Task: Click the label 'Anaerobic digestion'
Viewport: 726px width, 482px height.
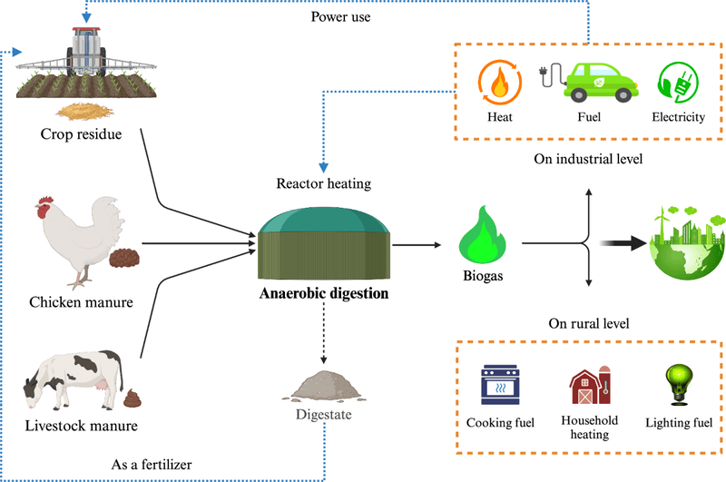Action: click(x=323, y=294)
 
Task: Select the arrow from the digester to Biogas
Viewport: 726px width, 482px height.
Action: click(x=415, y=243)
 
